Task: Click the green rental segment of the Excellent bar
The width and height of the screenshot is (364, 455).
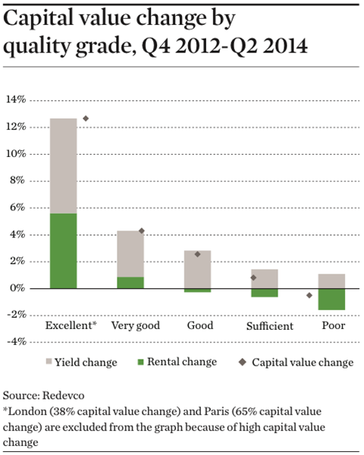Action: click(63, 251)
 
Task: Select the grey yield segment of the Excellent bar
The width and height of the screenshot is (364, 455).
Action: click(63, 166)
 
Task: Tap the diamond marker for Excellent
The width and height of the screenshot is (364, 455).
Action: click(86, 118)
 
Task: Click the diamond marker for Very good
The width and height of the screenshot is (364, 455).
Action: click(142, 231)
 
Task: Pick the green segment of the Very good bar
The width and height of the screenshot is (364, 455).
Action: click(130, 283)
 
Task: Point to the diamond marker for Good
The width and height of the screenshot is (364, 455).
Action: click(197, 255)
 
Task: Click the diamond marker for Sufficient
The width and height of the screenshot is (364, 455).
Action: click(253, 278)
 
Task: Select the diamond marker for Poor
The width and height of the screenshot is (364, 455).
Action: click(309, 296)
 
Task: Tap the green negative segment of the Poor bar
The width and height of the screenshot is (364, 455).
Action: click(331, 300)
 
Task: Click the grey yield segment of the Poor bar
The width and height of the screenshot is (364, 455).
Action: click(331, 281)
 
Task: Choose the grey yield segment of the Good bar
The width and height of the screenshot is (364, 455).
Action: click(197, 269)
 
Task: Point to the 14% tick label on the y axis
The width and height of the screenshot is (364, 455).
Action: click(16, 100)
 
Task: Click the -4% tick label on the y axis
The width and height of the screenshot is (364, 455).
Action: click(17, 342)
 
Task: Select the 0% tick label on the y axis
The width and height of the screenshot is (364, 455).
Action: click(18, 288)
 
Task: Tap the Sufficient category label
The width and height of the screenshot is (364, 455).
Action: click(270, 326)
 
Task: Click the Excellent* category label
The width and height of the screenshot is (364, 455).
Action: click(71, 325)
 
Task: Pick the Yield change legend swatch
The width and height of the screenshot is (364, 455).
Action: click(49, 362)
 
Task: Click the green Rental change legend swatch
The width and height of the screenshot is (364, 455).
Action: click(141, 362)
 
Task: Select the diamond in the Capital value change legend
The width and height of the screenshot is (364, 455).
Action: click(243, 362)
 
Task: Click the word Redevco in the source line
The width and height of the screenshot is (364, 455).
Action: click(64, 396)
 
